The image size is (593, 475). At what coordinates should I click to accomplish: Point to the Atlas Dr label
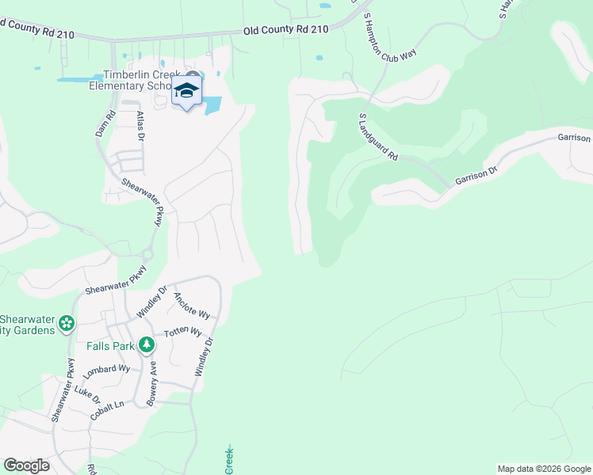[140, 125]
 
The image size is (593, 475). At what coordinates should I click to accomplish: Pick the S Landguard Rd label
[378, 137]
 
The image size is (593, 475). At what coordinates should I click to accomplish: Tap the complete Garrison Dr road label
[476, 176]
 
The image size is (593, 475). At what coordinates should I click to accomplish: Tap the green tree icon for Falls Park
[146, 345]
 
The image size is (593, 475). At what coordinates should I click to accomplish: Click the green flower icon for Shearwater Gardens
[67, 322]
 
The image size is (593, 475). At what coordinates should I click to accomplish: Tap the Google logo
[26, 465]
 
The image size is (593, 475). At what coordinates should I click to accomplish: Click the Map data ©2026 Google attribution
[544, 469]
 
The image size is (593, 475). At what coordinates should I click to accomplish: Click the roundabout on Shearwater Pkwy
[147, 255]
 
